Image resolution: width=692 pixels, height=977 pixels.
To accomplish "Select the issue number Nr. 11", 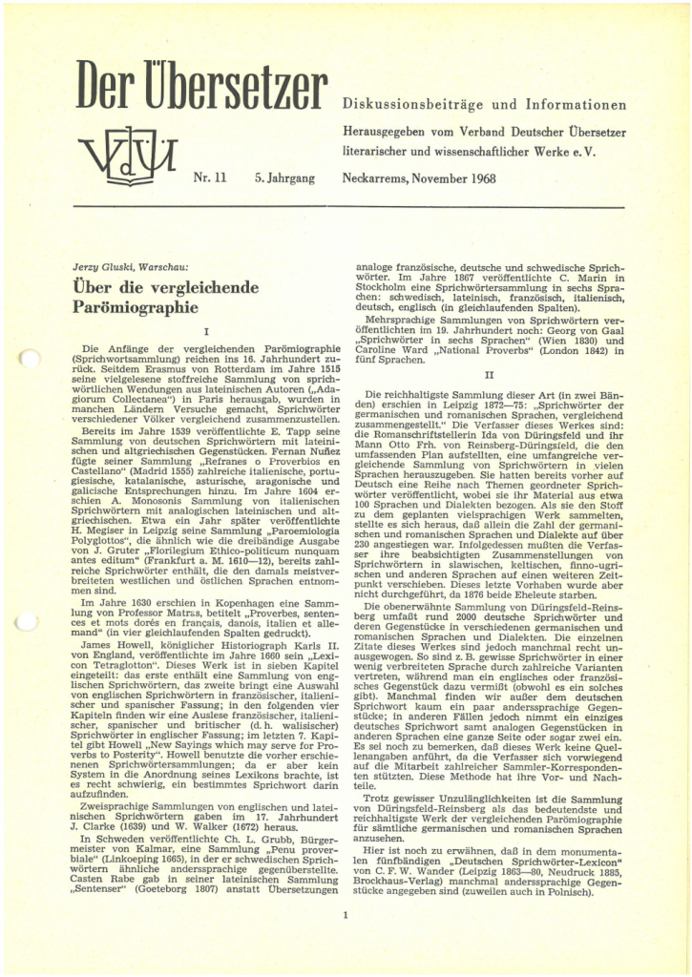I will [208, 178].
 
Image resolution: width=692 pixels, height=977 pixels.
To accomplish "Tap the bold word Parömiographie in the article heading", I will [134, 307].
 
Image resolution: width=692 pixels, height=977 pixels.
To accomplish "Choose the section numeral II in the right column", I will [489, 374].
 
